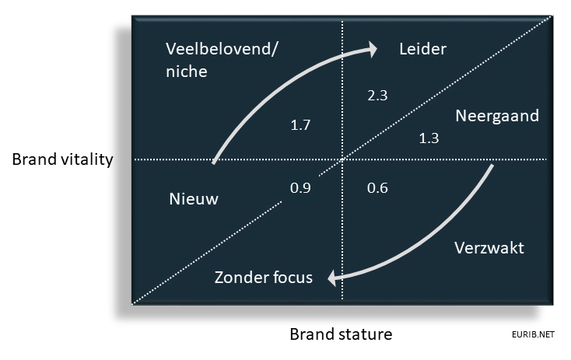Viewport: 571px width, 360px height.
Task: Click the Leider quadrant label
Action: pos(422,49)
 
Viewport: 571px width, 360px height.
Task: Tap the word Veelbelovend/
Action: pos(222,49)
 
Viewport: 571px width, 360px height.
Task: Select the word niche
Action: pos(187,71)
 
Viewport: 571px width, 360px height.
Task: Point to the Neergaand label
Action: pos(497,116)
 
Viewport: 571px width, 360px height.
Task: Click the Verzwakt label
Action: pos(489,248)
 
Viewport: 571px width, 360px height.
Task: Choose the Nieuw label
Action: pos(194,199)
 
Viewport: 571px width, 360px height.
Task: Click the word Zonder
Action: pos(240,278)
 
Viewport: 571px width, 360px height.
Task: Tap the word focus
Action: pos(293,278)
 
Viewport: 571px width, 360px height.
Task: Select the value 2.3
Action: pos(377,96)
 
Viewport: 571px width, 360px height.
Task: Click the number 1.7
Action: pos(300,125)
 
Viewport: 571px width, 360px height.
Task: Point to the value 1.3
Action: pos(429,138)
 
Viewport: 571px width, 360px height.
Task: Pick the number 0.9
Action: pos(300,188)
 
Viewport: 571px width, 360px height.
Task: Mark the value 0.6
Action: pos(377,188)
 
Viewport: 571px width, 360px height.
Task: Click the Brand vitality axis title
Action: pos(63,159)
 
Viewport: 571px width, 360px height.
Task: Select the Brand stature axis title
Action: pos(342,334)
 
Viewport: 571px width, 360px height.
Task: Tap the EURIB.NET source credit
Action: pos(533,334)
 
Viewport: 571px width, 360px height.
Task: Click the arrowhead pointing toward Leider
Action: pos(372,50)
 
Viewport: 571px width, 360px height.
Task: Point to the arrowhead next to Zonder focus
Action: pos(333,278)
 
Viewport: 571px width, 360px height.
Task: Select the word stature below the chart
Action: pos(364,334)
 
